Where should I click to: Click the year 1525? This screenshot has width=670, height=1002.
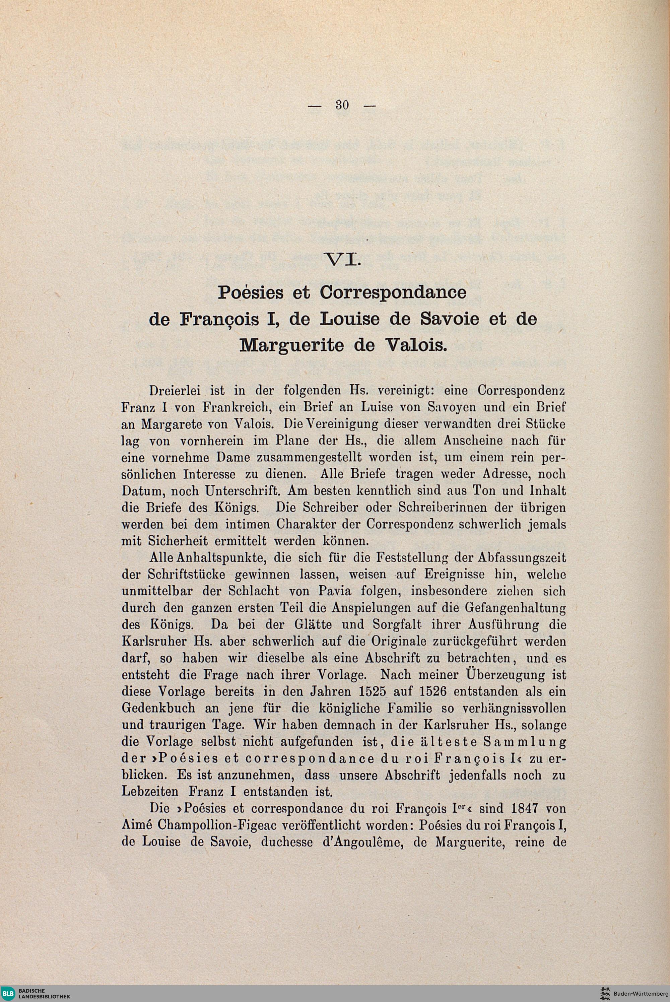click(x=376, y=692)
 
